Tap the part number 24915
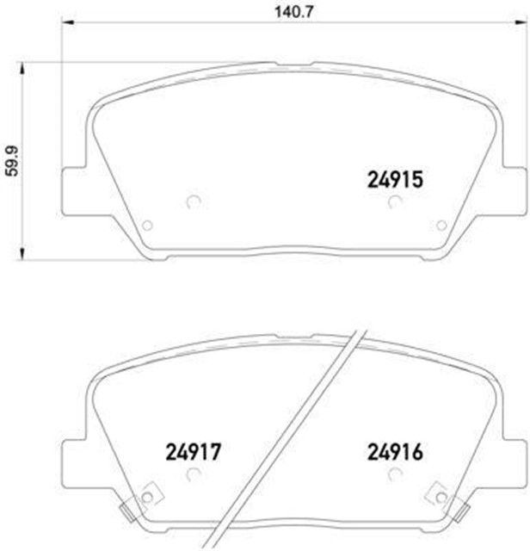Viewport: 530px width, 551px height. [x=393, y=180]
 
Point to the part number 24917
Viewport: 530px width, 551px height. [x=194, y=450]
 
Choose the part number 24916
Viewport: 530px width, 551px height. [x=393, y=450]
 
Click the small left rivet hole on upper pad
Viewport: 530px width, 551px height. [x=146, y=226]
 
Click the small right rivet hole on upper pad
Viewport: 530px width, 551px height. [x=441, y=226]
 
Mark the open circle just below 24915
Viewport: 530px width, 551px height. [x=394, y=202]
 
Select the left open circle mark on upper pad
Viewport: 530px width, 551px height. [x=193, y=202]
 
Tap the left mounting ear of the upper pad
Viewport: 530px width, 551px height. [x=74, y=189]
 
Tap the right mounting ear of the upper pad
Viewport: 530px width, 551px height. [x=513, y=189]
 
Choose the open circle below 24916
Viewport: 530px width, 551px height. [x=394, y=473]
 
